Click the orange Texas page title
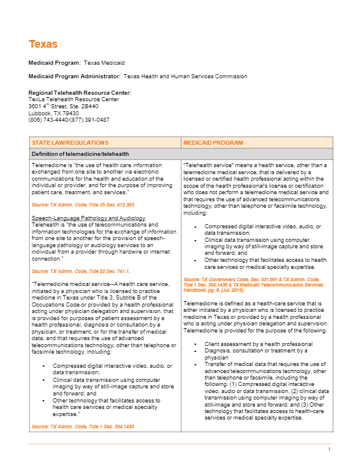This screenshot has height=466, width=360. (x=43, y=44)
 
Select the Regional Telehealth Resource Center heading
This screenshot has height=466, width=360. (x=79, y=93)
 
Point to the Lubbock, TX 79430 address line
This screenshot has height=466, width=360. (x=54, y=113)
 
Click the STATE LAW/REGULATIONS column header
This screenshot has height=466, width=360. (x=70, y=143)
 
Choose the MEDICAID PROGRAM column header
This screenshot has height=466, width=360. (x=213, y=143)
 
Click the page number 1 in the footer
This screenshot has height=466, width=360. (x=329, y=450)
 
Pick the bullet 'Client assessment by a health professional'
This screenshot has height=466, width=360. (x=258, y=344)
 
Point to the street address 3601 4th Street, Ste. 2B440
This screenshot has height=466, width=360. (x=64, y=106)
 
